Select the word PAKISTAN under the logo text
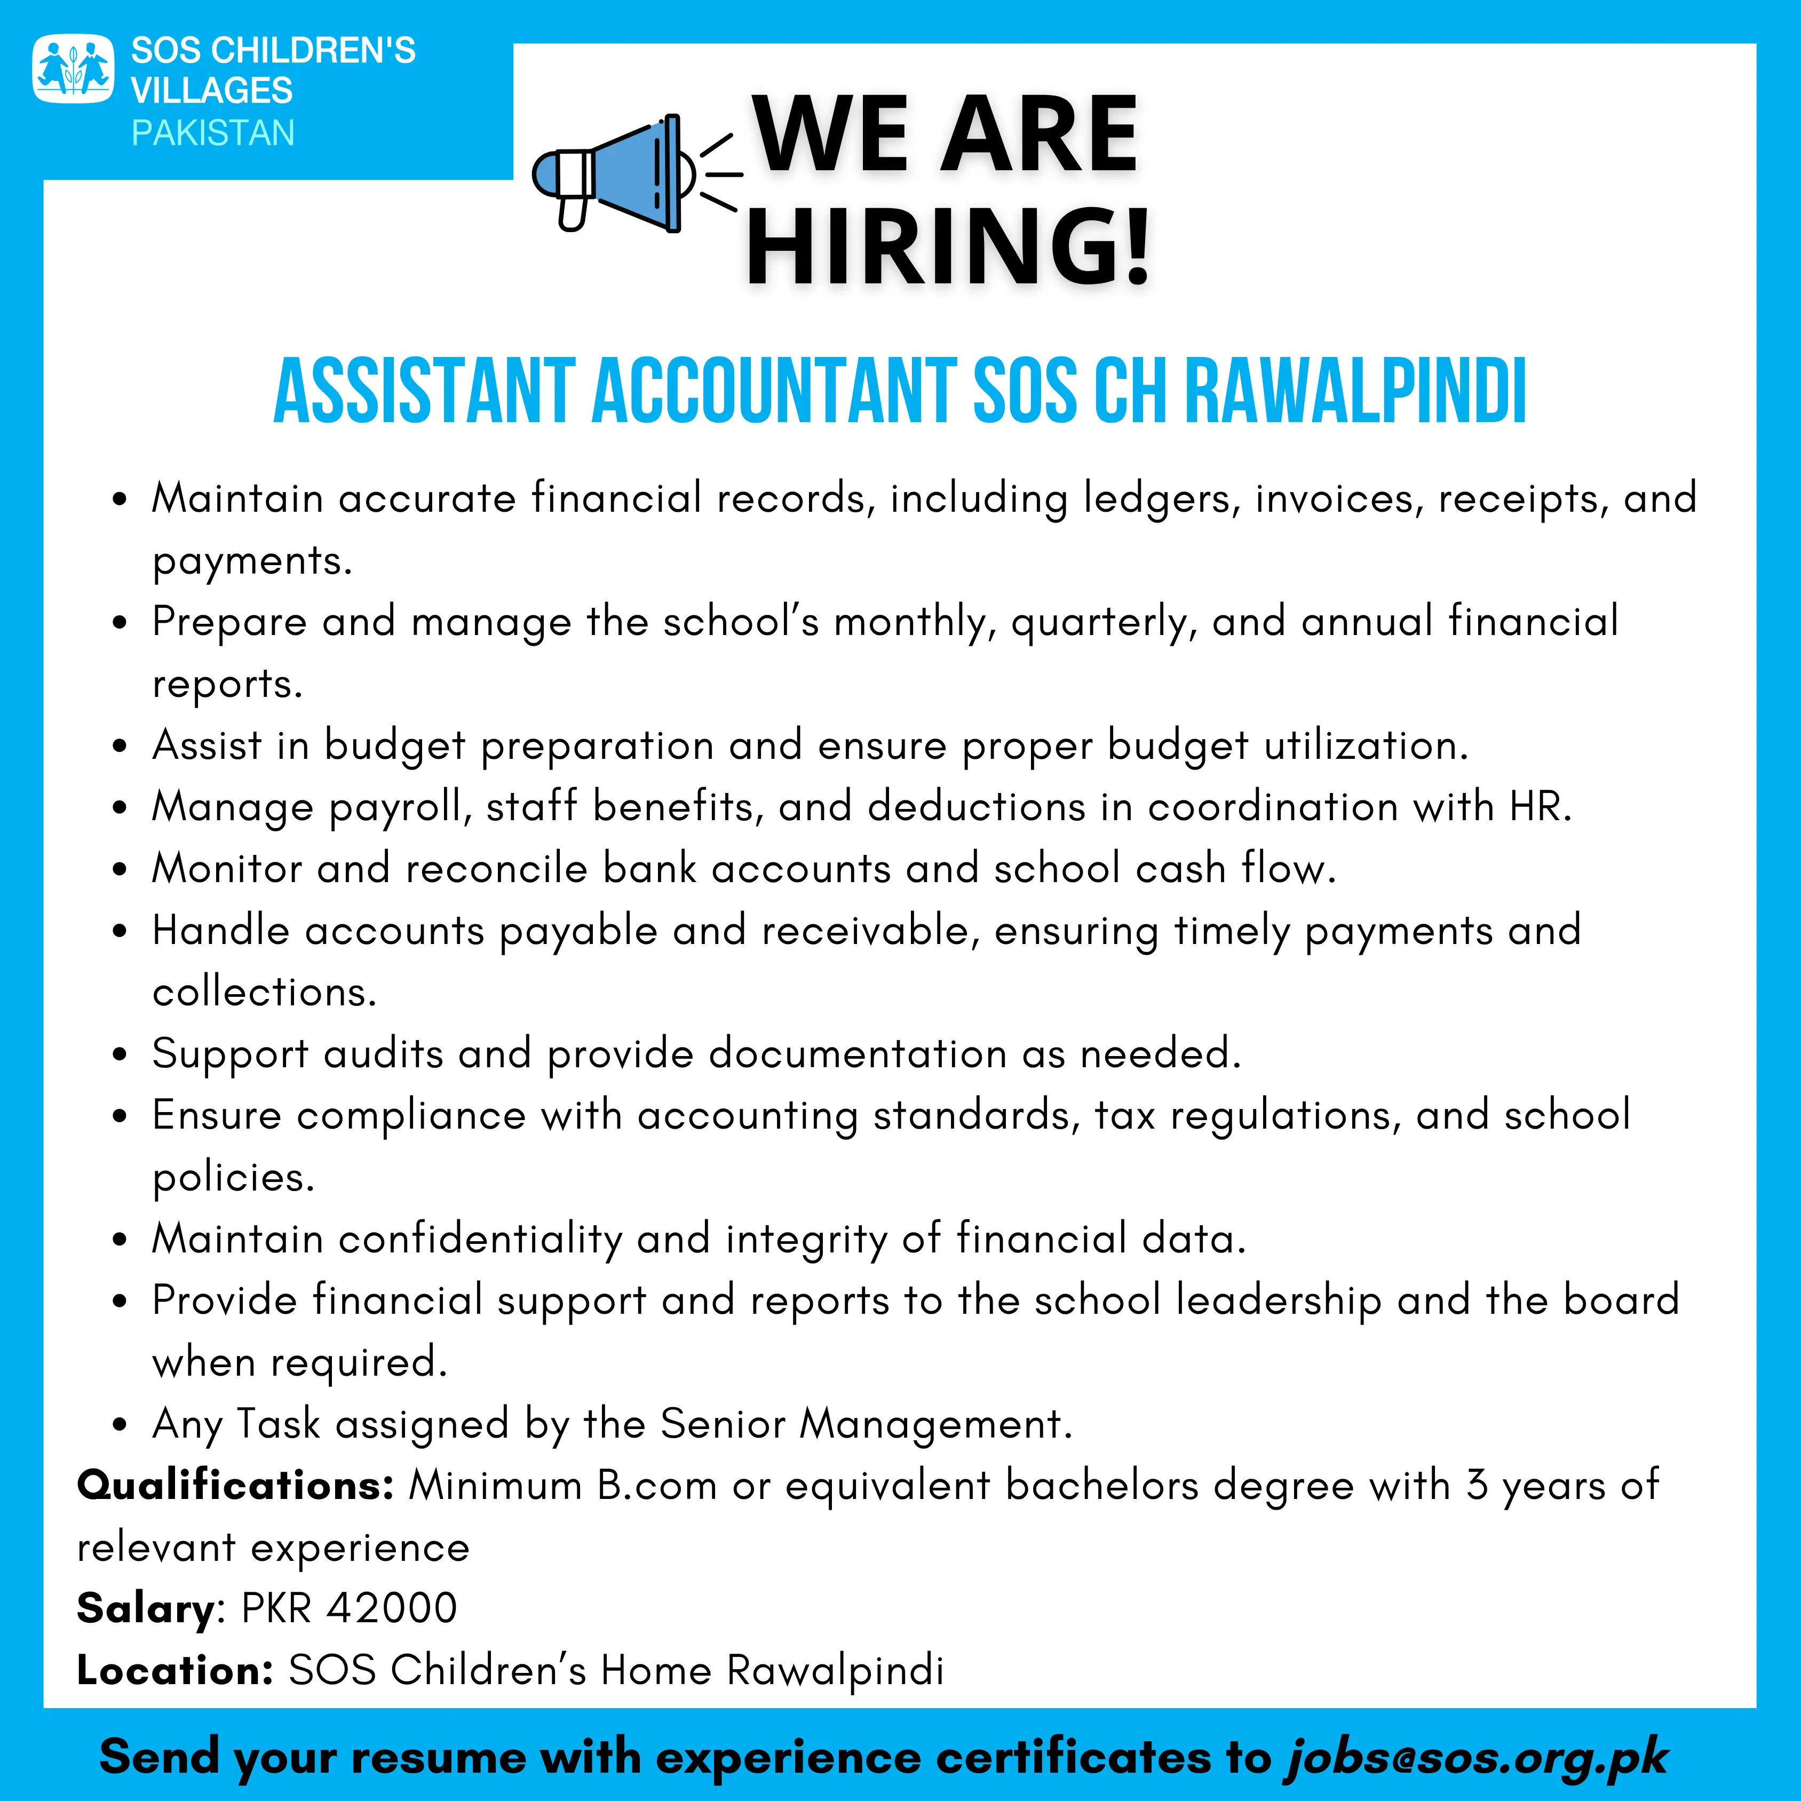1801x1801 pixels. pos(212,133)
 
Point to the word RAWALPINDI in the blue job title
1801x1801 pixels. pos(1356,392)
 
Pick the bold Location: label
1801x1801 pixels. pos(174,1670)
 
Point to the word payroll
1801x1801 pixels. pos(400,807)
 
